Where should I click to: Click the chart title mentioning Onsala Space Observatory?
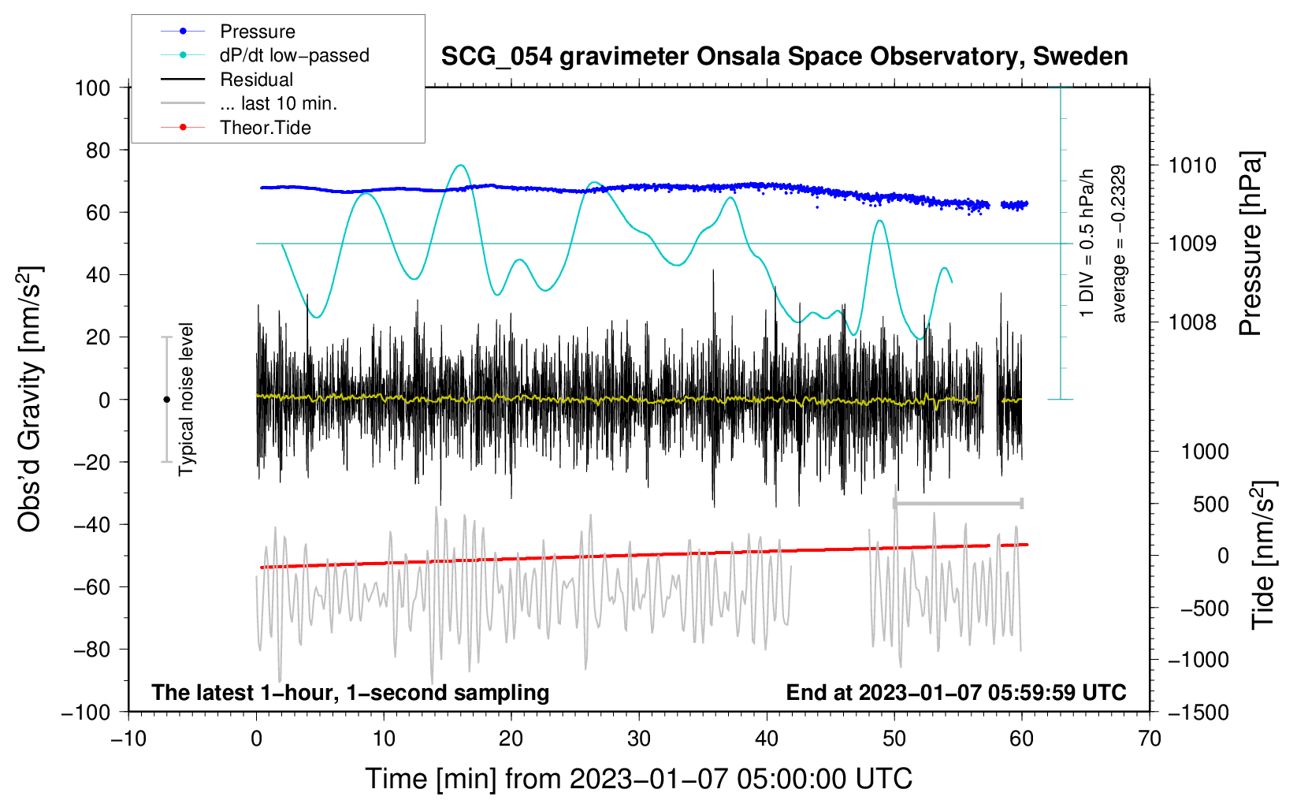[x=784, y=57]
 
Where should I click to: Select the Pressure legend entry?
[x=257, y=32]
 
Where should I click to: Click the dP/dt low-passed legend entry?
[x=294, y=55]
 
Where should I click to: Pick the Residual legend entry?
[x=256, y=80]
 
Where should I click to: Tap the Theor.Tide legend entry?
[x=265, y=128]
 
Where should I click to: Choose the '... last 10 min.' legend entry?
[x=278, y=103]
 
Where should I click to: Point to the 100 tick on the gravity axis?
[x=92, y=87]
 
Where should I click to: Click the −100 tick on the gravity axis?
[x=86, y=712]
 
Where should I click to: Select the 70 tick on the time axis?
[x=1150, y=739]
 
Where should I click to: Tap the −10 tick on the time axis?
[x=128, y=739]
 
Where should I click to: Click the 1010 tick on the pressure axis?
[x=1192, y=166]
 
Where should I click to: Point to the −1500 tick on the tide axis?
[x=1198, y=712]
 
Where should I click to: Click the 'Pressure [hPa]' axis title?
[x=1251, y=244]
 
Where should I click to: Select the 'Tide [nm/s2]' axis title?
[x=1263, y=556]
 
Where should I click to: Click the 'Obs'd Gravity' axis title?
[x=29, y=400]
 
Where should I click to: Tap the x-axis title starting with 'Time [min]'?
[x=638, y=779]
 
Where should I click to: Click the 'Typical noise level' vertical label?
[x=186, y=399]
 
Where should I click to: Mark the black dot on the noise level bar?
[x=166, y=400]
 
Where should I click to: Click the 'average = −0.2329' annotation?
[x=1119, y=244]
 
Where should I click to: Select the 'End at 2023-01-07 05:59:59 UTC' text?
[x=956, y=692]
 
